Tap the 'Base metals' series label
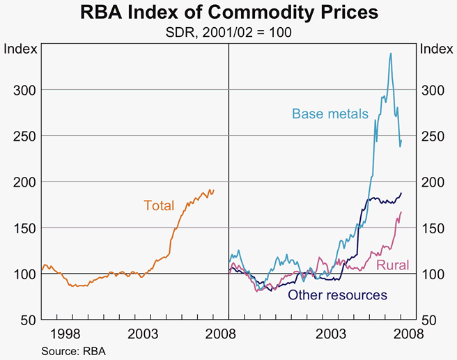[330, 114]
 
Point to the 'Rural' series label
[393, 265]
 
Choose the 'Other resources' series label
[337, 295]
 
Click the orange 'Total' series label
[158, 205]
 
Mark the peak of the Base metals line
[390, 53]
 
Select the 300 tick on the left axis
[24, 90]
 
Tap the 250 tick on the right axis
[432, 136]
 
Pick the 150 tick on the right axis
[432, 228]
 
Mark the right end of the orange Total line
[214, 190]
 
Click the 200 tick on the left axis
[24, 182]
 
